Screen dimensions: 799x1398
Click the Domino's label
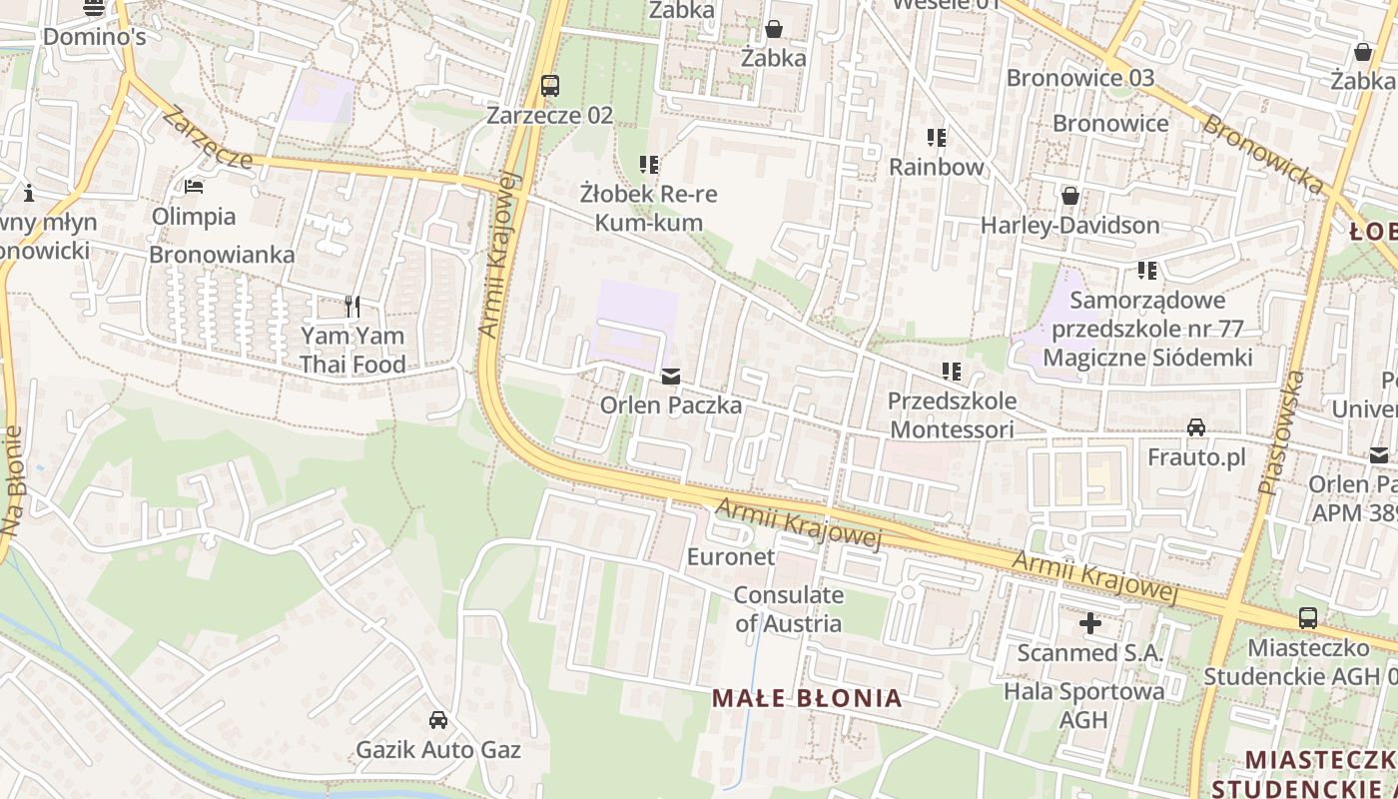[94, 37]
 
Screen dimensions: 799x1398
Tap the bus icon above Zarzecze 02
[550, 85]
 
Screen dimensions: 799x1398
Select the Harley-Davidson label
[1069, 225]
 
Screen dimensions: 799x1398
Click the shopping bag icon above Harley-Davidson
[1070, 196]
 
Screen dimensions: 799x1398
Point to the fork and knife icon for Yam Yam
[351, 306]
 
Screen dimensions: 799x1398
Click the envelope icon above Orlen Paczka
[671, 377]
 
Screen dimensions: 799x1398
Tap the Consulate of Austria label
[789, 609]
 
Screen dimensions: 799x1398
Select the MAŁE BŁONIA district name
[807, 698]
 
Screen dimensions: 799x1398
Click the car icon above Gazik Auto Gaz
[437, 719]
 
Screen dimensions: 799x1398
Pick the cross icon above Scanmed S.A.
[1090, 624]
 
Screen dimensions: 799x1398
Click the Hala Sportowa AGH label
[1083, 705]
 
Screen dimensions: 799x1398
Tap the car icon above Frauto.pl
[1195, 428]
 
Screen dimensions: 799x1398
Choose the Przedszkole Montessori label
[953, 415]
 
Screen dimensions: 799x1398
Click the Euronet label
[731, 556]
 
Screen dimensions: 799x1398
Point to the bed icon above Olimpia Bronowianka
[194, 187]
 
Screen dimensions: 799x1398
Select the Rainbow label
[936, 167]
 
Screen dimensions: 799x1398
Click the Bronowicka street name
[1262, 155]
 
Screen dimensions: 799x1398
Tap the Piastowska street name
[1281, 433]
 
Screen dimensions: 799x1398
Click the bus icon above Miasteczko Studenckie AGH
[1307, 618]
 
